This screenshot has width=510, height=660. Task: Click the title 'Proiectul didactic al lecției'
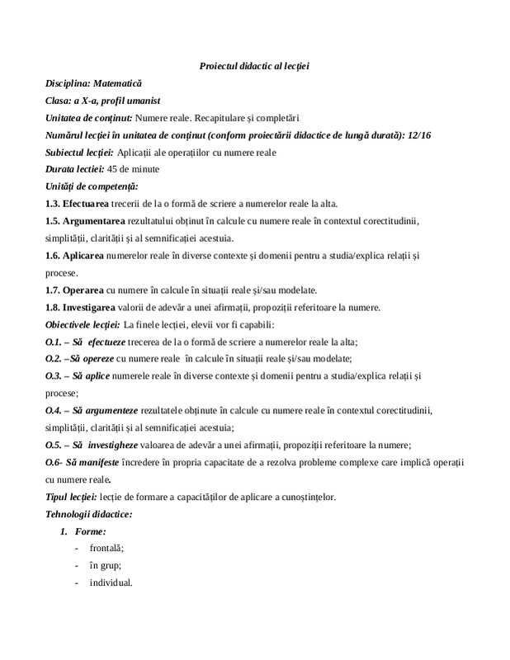coord(254,65)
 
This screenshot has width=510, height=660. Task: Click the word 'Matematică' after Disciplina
coord(117,83)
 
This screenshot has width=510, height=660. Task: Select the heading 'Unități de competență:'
coord(92,186)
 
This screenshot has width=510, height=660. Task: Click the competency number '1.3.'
coord(55,204)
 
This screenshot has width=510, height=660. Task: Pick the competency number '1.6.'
coord(55,256)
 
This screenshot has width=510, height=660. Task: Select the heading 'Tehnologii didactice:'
coord(89,513)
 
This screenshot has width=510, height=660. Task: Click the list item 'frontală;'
coord(107,548)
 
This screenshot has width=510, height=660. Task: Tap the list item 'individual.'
coord(111,582)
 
